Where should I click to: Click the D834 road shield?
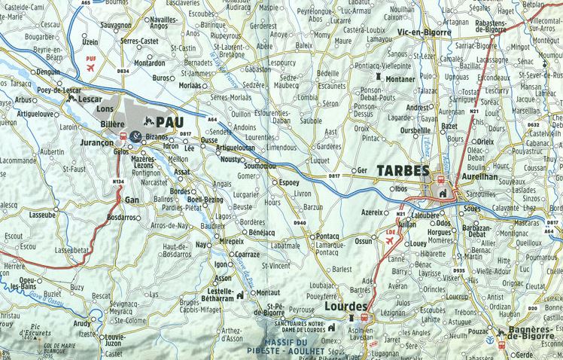click(123, 71)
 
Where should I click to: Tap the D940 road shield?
click(300, 224)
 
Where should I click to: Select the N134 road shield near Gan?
click(118, 181)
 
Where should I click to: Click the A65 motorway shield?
click(86, 3)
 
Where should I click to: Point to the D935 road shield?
click(460, 270)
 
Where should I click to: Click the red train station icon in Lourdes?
click(351, 319)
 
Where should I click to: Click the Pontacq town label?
click(329, 236)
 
